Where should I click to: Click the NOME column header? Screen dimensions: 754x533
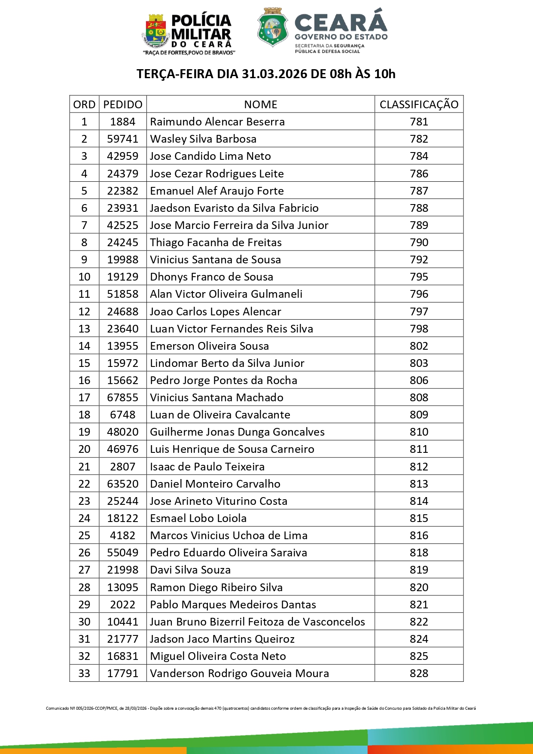point(260,104)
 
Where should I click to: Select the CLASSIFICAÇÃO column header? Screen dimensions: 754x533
point(419,104)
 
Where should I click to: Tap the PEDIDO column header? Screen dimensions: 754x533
point(123,104)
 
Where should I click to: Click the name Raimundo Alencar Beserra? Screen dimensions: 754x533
point(217,122)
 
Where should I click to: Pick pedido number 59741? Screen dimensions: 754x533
point(123,139)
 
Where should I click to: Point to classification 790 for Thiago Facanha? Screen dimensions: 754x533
point(419,242)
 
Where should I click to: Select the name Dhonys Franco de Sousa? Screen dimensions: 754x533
point(211,277)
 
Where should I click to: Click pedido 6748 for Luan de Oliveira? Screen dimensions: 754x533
point(123,415)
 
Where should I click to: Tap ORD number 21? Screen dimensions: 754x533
point(84,467)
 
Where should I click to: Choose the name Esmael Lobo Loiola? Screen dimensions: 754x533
point(198,518)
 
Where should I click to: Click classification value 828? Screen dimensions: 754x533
point(419,673)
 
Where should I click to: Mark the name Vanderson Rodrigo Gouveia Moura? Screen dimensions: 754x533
point(239,673)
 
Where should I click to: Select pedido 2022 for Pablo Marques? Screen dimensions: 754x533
point(123,604)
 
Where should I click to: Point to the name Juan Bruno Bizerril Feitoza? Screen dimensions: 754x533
point(257,622)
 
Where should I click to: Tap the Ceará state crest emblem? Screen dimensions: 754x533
point(273,27)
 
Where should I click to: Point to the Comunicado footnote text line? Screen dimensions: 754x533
point(261,708)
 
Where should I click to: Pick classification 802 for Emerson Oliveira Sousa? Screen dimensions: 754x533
point(419,346)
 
